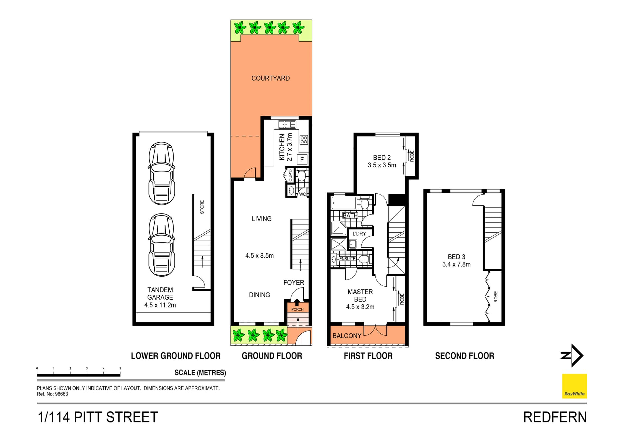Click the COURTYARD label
270,78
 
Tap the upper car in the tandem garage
162,173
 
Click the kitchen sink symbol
287,124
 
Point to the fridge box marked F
302,160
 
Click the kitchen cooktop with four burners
304,140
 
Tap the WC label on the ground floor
302,194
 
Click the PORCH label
297,309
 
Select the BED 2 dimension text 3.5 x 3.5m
382,165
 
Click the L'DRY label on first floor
359,234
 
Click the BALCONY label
347,336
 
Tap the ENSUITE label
347,259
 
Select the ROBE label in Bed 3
496,297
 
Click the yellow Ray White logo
574,386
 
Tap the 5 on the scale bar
120,369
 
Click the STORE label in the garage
202,207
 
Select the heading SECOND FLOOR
464,356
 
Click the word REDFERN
555,417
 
